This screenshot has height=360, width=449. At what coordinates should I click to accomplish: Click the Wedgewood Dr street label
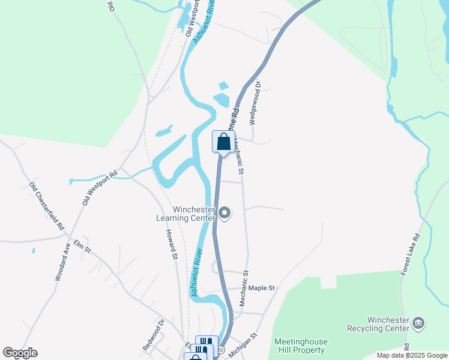click(x=255, y=103)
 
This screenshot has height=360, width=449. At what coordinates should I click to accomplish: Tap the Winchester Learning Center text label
click(x=194, y=214)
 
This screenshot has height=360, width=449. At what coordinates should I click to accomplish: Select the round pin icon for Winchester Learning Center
click(x=225, y=213)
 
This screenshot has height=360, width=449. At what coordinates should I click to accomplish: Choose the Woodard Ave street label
click(x=62, y=262)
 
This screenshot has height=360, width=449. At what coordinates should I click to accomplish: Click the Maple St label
click(x=261, y=288)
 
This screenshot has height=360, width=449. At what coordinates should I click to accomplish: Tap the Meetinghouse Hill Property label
click(x=300, y=346)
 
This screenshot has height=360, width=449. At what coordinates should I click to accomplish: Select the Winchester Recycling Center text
click(x=380, y=324)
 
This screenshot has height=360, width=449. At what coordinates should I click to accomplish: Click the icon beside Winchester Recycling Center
click(x=419, y=324)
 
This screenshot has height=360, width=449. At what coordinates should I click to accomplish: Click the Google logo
click(x=20, y=353)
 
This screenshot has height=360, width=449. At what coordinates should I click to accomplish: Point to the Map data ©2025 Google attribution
click(x=412, y=355)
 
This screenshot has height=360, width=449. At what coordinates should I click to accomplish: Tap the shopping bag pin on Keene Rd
click(x=223, y=142)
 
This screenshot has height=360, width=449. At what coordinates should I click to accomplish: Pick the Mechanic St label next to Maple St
click(x=244, y=289)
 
